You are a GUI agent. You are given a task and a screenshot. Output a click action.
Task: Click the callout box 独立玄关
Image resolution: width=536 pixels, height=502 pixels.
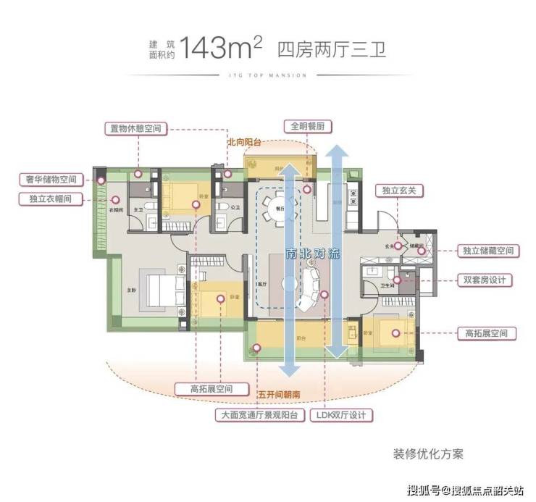pyautogui.click(x=398, y=191)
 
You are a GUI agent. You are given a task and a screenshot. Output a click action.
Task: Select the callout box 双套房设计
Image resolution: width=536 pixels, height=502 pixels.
pyautogui.click(x=485, y=280)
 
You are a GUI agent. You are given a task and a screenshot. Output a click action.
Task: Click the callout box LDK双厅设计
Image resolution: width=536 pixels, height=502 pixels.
pyautogui.click(x=341, y=416)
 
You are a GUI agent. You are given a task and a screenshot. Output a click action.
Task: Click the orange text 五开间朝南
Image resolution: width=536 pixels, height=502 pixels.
pyautogui.click(x=279, y=394)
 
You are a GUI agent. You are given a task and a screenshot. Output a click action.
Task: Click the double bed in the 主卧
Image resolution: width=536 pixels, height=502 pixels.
pyautogui.click(x=161, y=290)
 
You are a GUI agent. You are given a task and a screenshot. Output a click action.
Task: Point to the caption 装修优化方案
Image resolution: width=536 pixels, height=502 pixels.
pyautogui.click(x=428, y=454)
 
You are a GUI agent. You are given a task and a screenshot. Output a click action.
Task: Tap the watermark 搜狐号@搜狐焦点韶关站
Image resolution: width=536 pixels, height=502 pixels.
pyautogui.click(x=466, y=490)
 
